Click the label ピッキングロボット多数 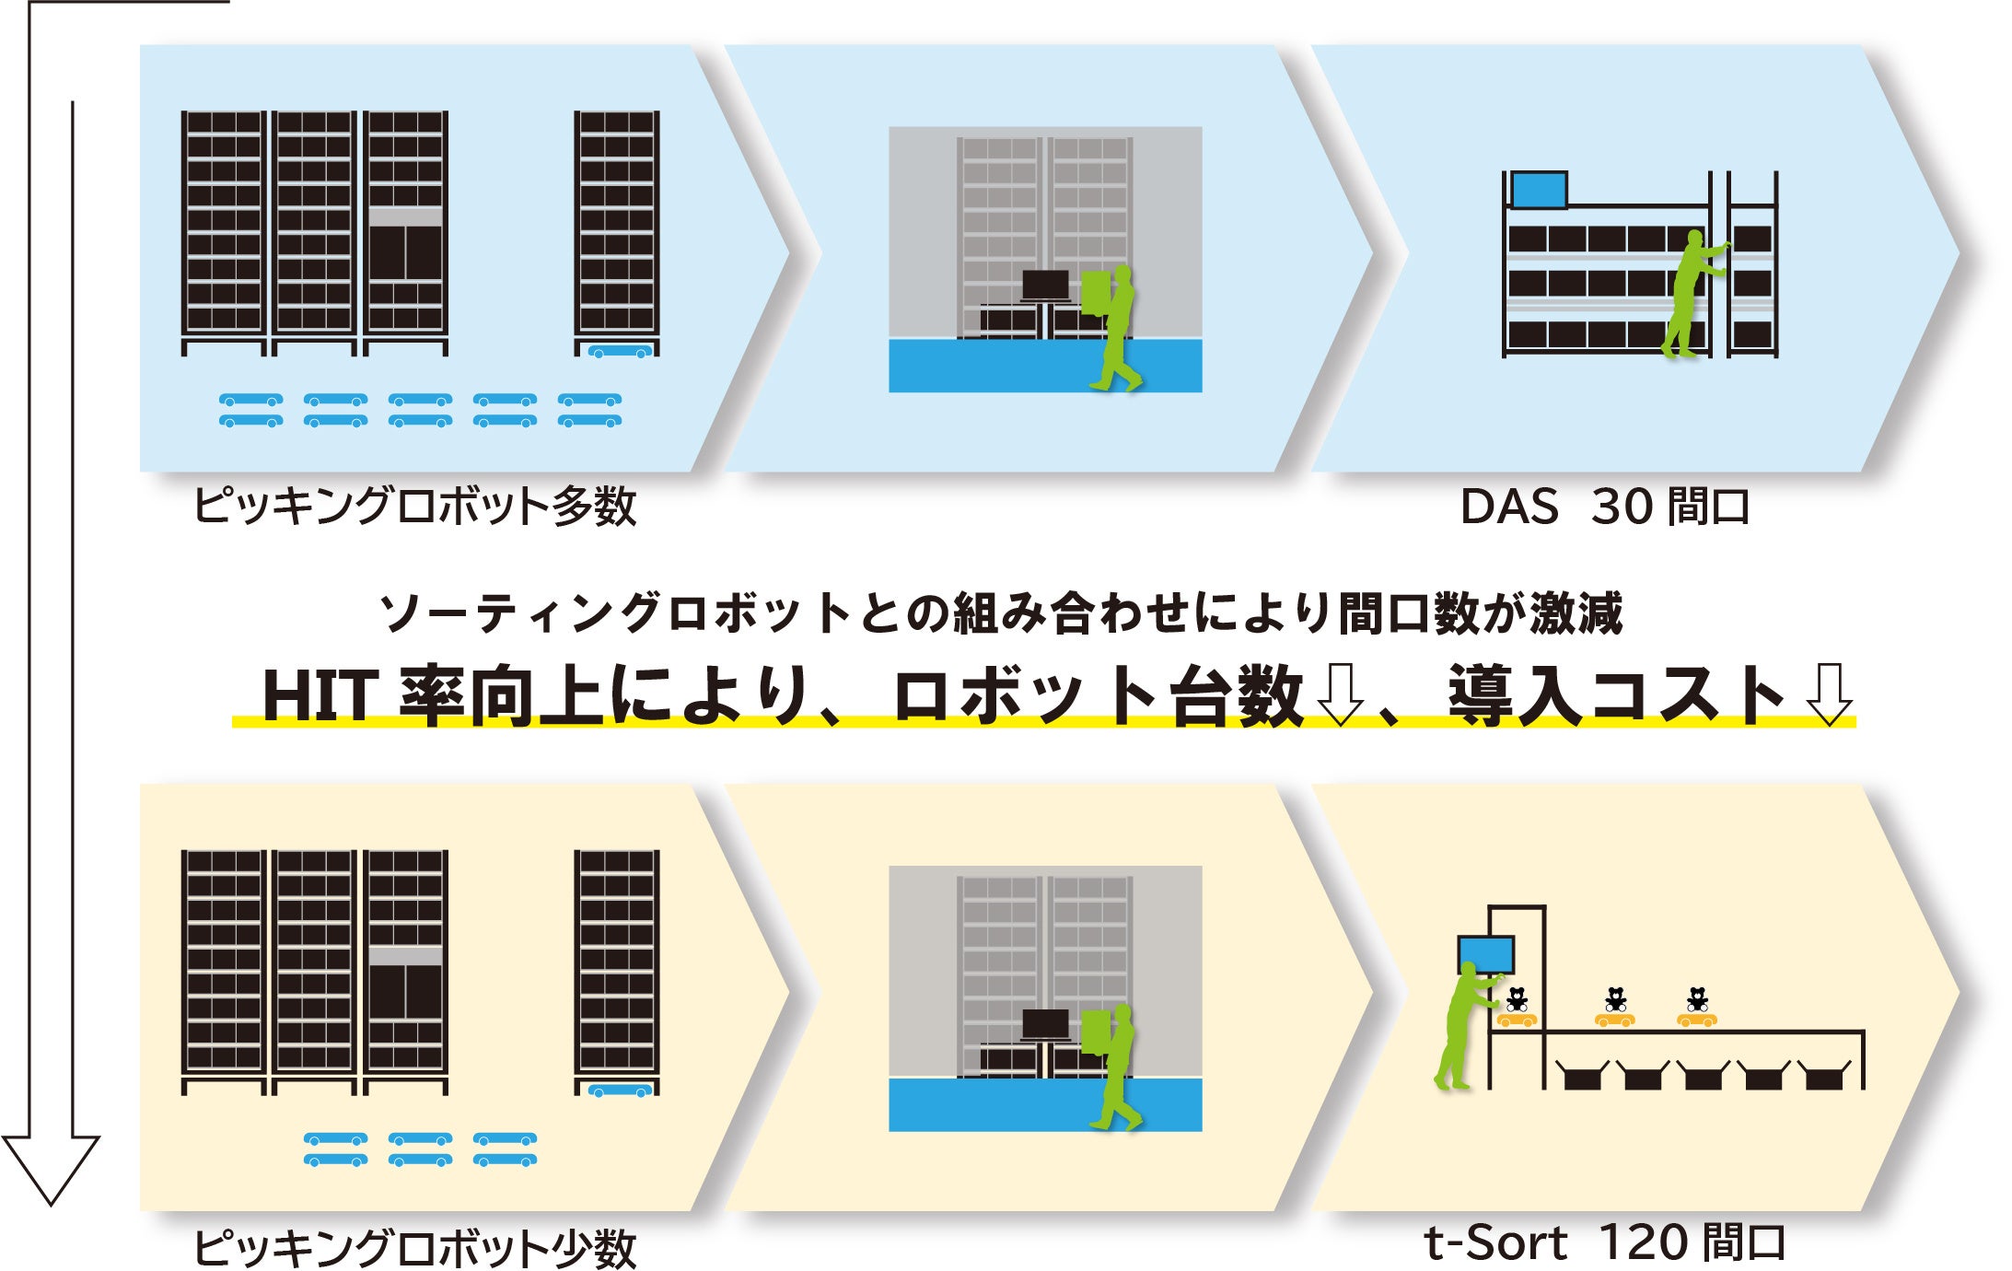[414, 507]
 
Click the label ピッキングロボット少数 [414, 1248]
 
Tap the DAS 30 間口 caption [1605, 507]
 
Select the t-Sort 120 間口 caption [1604, 1243]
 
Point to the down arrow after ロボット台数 [1340, 694]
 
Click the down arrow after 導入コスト [1829, 694]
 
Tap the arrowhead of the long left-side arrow [51, 1165]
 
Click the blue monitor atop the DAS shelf [1539, 190]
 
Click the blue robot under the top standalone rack [620, 351]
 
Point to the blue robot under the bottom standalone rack [620, 1090]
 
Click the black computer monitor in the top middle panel [1045, 285]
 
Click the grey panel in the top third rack [405, 216]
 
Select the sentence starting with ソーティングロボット [1001, 613]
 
